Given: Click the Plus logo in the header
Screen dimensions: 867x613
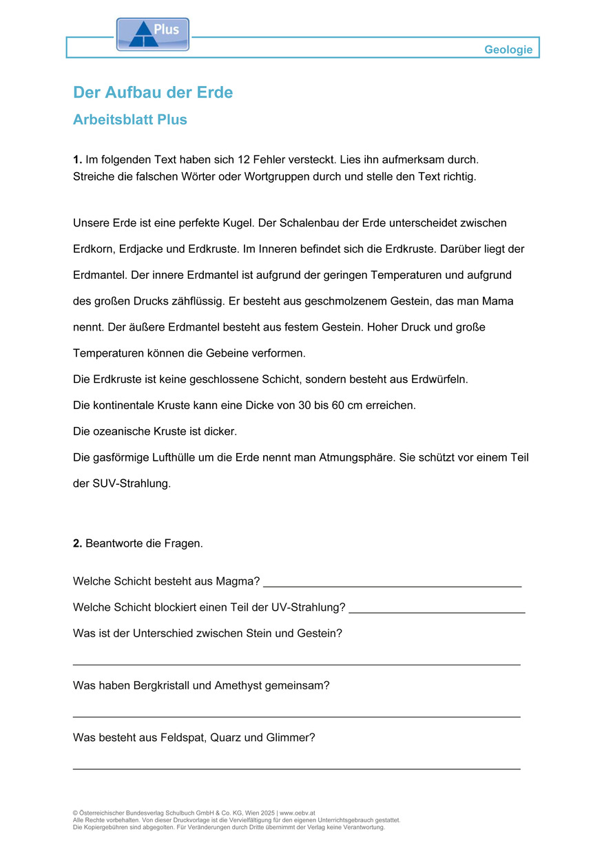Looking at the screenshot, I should coord(152,34).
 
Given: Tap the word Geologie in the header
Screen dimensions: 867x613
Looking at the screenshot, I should coord(508,50).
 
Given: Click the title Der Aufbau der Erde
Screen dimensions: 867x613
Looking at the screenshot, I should coord(153,92).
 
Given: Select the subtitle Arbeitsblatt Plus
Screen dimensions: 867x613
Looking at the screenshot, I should coord(130,120).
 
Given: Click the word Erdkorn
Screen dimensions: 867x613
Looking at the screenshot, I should coord(94,249).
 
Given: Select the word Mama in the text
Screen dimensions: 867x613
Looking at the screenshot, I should coord(498,301).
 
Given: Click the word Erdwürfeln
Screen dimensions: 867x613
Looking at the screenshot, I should coord(439,379).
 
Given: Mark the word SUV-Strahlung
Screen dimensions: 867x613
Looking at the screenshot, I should coord(131,483).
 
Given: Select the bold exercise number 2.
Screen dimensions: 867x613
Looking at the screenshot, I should coord(78,543).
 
